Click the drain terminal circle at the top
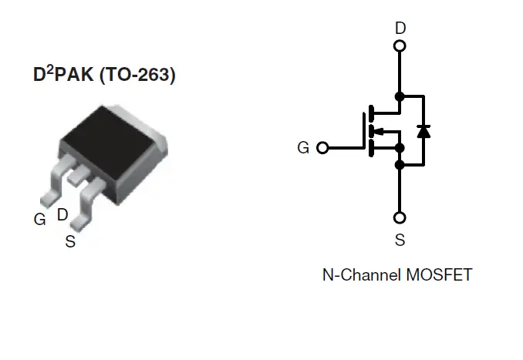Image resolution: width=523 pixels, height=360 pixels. pos(400,45)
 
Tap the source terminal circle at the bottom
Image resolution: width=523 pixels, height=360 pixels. pos(400,218)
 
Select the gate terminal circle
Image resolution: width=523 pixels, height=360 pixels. pos(322,147)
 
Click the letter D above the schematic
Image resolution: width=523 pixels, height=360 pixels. pos(400,29)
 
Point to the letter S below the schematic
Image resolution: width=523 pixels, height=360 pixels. pos(400,241)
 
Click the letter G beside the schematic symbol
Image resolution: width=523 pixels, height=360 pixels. pos(303,147)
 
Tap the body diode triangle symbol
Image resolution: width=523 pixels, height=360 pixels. pos(423,130)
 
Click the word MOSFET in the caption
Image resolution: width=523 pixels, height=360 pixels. pos(438,275)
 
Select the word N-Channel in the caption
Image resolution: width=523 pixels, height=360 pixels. pos(360,275)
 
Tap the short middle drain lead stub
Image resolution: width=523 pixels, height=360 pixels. pos(77,177)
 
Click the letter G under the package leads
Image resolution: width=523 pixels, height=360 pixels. pos(39,219)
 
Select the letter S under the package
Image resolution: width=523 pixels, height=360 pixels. pos(70,242)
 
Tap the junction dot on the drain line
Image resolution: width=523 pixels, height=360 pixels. pos(400,96)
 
